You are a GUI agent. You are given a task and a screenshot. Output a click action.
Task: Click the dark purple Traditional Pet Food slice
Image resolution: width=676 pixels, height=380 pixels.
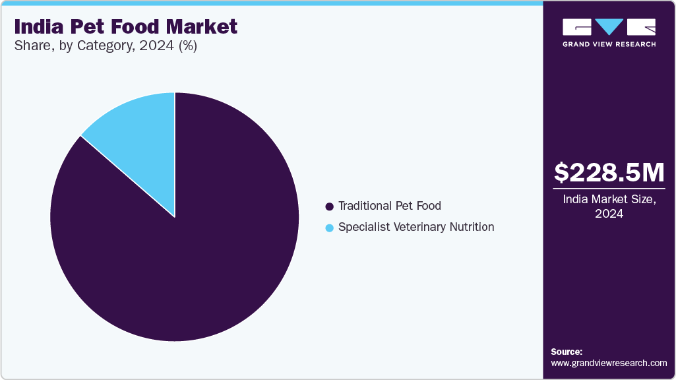[x=185, y=264]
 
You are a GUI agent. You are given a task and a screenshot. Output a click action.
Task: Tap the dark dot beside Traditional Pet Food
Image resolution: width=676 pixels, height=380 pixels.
[x=330, y=206]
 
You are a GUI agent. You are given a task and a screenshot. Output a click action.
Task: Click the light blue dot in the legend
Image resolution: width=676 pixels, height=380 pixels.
[x=330, y=228]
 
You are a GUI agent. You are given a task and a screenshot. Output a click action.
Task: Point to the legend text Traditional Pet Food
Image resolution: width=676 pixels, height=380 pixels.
[x=389, y=206]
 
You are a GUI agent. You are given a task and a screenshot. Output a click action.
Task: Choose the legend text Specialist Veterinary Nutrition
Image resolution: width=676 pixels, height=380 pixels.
[x=415, y=227]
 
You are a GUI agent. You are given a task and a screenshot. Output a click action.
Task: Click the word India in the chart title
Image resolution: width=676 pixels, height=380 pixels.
[x=38, y=27]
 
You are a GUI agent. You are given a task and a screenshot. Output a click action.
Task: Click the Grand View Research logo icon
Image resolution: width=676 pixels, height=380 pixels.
[x=609, y=27]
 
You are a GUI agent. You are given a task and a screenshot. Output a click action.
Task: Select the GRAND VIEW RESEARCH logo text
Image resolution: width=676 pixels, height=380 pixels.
[x=609, y=44]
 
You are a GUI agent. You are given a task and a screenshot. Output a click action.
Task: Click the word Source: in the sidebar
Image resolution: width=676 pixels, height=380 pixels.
[x=567, y=352]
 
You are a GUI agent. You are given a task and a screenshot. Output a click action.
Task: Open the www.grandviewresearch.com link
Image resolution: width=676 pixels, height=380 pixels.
[x=609, y=363]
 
